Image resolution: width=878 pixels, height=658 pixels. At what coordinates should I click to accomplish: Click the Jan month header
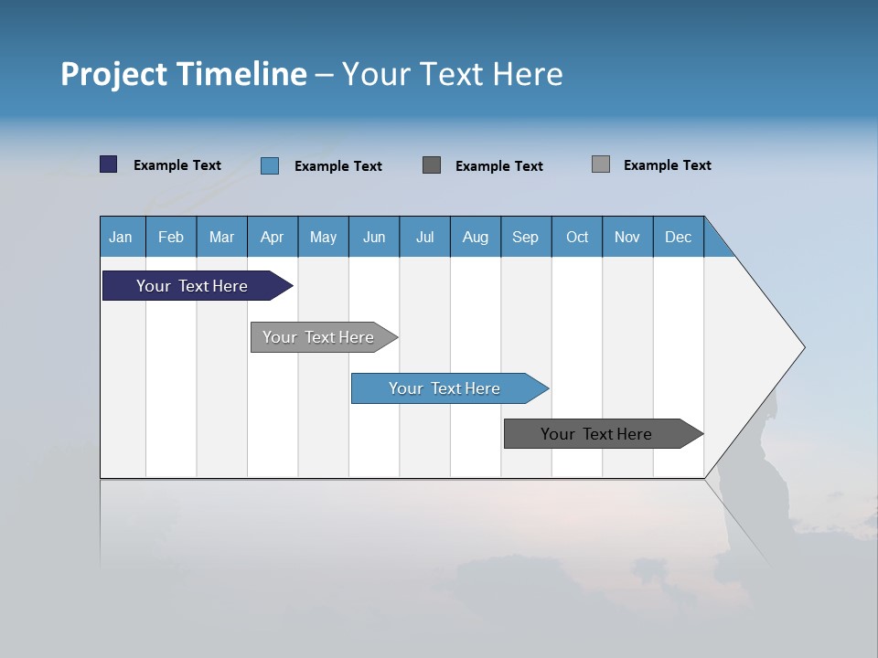point(121,237)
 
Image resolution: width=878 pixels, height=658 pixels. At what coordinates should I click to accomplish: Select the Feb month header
point(171,237)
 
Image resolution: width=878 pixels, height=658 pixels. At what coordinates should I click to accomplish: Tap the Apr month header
point(272,237)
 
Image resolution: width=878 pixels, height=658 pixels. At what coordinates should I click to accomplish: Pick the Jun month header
point(374,237)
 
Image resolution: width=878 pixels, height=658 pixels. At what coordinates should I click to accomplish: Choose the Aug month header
point(475,237)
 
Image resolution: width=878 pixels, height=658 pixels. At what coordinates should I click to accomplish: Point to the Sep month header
point(525,237)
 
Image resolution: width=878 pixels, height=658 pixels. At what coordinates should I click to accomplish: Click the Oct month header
point(577,237)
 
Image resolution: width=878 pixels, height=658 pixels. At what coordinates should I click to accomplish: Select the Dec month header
point(678,237)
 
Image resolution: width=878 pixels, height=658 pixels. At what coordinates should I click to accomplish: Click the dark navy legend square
point(108,164)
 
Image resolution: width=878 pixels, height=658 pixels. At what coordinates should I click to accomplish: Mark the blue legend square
point(270,165)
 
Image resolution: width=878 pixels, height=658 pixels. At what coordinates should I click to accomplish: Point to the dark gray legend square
point(432,165)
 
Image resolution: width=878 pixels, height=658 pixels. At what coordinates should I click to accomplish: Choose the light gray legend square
point(601,164)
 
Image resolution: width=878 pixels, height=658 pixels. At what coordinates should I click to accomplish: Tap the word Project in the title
point(113,75)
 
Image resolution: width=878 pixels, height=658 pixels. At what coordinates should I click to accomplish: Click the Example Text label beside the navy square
point(177,165)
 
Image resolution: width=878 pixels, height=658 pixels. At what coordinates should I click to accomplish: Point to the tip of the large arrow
point(802,347)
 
